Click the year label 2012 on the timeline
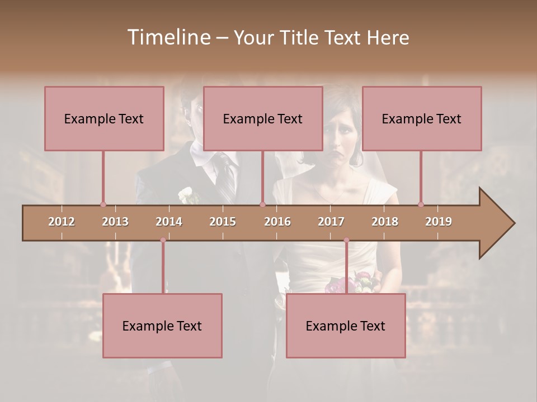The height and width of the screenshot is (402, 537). [x=62, y=222]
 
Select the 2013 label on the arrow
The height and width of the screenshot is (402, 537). [x=115, y=222]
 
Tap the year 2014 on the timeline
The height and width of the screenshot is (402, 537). [x=169, y=222]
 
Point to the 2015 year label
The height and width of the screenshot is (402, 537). [x=223, y=222]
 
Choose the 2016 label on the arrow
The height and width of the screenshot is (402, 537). [x=277, y=222]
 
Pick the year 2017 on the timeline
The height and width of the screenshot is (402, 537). [x=331, y=222]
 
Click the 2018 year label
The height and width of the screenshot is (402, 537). [x=385, y=222]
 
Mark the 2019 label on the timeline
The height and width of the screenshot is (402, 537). [x=439, y=222]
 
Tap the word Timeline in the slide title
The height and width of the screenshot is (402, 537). [x=168, y=37]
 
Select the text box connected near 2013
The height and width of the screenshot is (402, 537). [x=104, y=118]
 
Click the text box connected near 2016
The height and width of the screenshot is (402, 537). [x=263, y=118]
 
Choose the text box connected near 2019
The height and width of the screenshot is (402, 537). [x=422, y=118]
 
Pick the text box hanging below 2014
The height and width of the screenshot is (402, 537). [x=162, y=326]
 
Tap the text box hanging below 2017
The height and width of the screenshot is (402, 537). [x=346, y=326]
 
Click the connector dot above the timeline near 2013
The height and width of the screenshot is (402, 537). [x=103, y=204]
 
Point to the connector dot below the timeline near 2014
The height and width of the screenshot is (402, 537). [x=163, y=240]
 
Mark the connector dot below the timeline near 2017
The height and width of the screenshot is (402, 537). [x=346, y=240]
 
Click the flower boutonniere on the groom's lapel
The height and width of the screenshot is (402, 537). [x=186, y=195]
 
